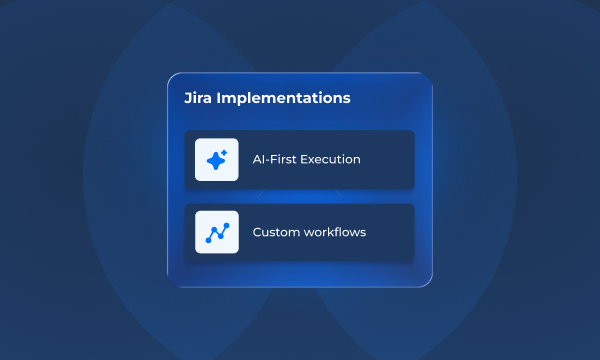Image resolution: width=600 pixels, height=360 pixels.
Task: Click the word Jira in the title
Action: pos(200,99)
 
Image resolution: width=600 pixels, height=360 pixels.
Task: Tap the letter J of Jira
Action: pos(188,99)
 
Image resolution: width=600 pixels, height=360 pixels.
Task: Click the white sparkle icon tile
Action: pos(217,159)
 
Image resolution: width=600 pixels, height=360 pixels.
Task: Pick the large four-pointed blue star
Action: pos(215,161)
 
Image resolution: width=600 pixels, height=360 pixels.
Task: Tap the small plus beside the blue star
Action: pos(225,152)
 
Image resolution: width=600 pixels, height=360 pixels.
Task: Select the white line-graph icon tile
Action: pos(217,232)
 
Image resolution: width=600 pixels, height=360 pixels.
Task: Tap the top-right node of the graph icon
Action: pos(226,226)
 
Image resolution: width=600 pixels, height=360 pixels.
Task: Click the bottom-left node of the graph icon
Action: pos(208,240)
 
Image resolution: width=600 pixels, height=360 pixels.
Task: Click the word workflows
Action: pos(335,232)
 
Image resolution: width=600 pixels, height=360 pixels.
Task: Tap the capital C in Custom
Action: pos(257,232)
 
